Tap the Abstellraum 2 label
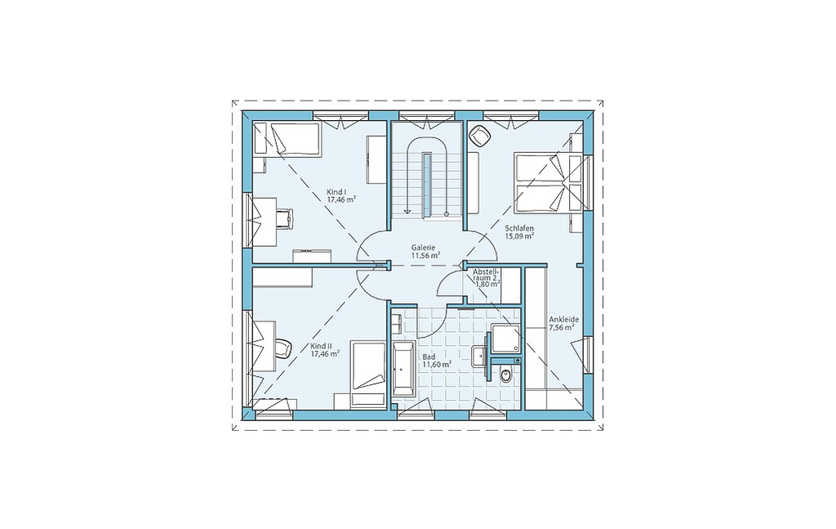[x=486, y=275]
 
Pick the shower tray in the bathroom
[x=505, y=338]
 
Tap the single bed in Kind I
[x=287, y=139]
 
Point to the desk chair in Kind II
[x=283, y=348]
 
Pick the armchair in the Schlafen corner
[x=481, y=136]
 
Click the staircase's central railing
[x=427, y=184]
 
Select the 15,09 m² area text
[x=519, y=235]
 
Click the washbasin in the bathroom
[x=479, y=354]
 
